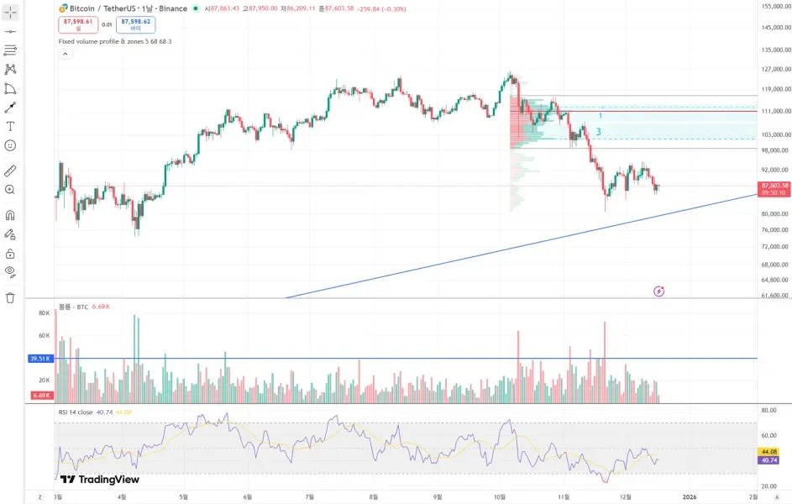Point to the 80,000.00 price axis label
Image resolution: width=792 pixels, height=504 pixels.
click(x=774, y=213)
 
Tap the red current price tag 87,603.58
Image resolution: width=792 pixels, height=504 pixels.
click(x=774, y=185)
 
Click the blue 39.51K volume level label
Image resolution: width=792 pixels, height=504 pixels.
click(x=39, y=358)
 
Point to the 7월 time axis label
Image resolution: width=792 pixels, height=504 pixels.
click(x=310, y=497)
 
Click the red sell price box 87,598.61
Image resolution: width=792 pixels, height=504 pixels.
click(x=77, y=24)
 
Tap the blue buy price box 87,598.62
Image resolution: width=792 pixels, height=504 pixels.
click(x=135, y=24)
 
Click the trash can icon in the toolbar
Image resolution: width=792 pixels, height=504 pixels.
click(x=10, y=297)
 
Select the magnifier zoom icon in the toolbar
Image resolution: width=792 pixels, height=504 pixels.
click(x=10, y=190)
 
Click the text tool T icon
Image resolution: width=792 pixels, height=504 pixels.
click(x=10, y=126)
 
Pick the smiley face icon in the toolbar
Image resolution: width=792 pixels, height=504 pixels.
click(x=10, y=145)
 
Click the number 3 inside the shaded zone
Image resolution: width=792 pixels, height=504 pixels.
click(x=598, y=132)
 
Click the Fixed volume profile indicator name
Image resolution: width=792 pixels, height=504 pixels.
click(x=115, y=41)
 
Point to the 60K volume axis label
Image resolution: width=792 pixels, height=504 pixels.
click(x=44, y=335)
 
